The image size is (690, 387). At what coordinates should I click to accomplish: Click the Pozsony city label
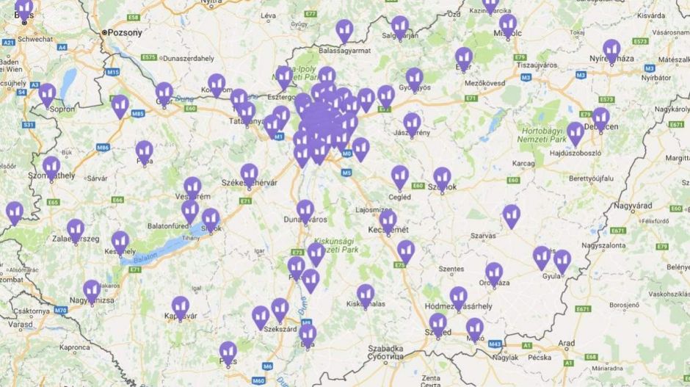(125, 32)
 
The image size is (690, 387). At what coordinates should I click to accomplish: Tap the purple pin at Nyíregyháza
(611, 50)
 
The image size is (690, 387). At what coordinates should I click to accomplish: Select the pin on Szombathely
(51, 167)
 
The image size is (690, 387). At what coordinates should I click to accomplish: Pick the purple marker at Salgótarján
(400, 26)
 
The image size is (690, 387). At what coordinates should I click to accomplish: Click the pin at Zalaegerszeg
(76, 229)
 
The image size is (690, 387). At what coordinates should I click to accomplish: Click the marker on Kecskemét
(388, 220)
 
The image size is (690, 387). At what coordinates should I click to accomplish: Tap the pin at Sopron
(47, 94)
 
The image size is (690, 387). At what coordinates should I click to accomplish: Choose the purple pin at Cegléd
(400, 176)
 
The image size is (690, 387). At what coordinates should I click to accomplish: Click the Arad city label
(566, 343)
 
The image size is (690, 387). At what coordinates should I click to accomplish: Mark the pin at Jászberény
(413, 123)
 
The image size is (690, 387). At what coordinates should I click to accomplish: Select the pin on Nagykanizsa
(92, 291)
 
